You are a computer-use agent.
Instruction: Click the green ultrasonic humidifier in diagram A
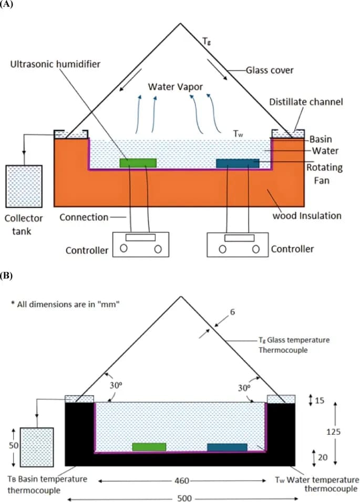pos(138,162)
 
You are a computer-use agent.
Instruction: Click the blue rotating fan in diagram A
pos(238,163)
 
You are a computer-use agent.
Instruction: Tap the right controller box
pos(239,244)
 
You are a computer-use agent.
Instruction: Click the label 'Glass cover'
pos(270,69)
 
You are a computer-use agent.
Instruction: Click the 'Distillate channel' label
pos(306,101)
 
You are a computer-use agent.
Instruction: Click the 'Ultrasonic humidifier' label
pos(56,64)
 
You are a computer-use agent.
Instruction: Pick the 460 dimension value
pos(180,480)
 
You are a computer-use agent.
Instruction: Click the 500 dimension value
pos(184,498)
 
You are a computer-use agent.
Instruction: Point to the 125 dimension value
pos(333,432)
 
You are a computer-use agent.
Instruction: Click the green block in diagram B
pos(149,447)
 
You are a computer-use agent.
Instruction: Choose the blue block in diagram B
pos(227,447)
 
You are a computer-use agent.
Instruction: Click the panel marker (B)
pos(8,275)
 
